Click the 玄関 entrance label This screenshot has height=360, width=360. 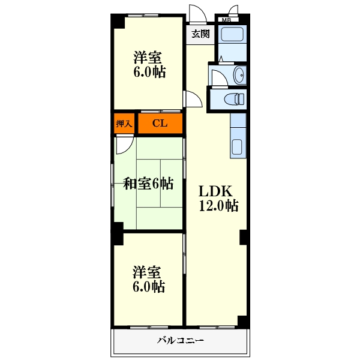[x=200, y=34]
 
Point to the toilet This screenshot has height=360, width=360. [x=233, y=99]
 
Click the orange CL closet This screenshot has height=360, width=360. [x=160, y=124]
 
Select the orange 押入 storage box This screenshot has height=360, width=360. [x=124, y=124]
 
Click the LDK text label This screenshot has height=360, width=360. [x=215, y=191]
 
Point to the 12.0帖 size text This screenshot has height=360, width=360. [x=219, y=206]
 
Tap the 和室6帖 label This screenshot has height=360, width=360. [x=148, y=184]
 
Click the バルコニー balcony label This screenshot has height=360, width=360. [x=181, y=341]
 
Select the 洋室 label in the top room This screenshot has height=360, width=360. [x=148, y=58]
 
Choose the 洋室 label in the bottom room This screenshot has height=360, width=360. [x=148, y=272]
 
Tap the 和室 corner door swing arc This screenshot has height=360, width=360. [x=125, y=144]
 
